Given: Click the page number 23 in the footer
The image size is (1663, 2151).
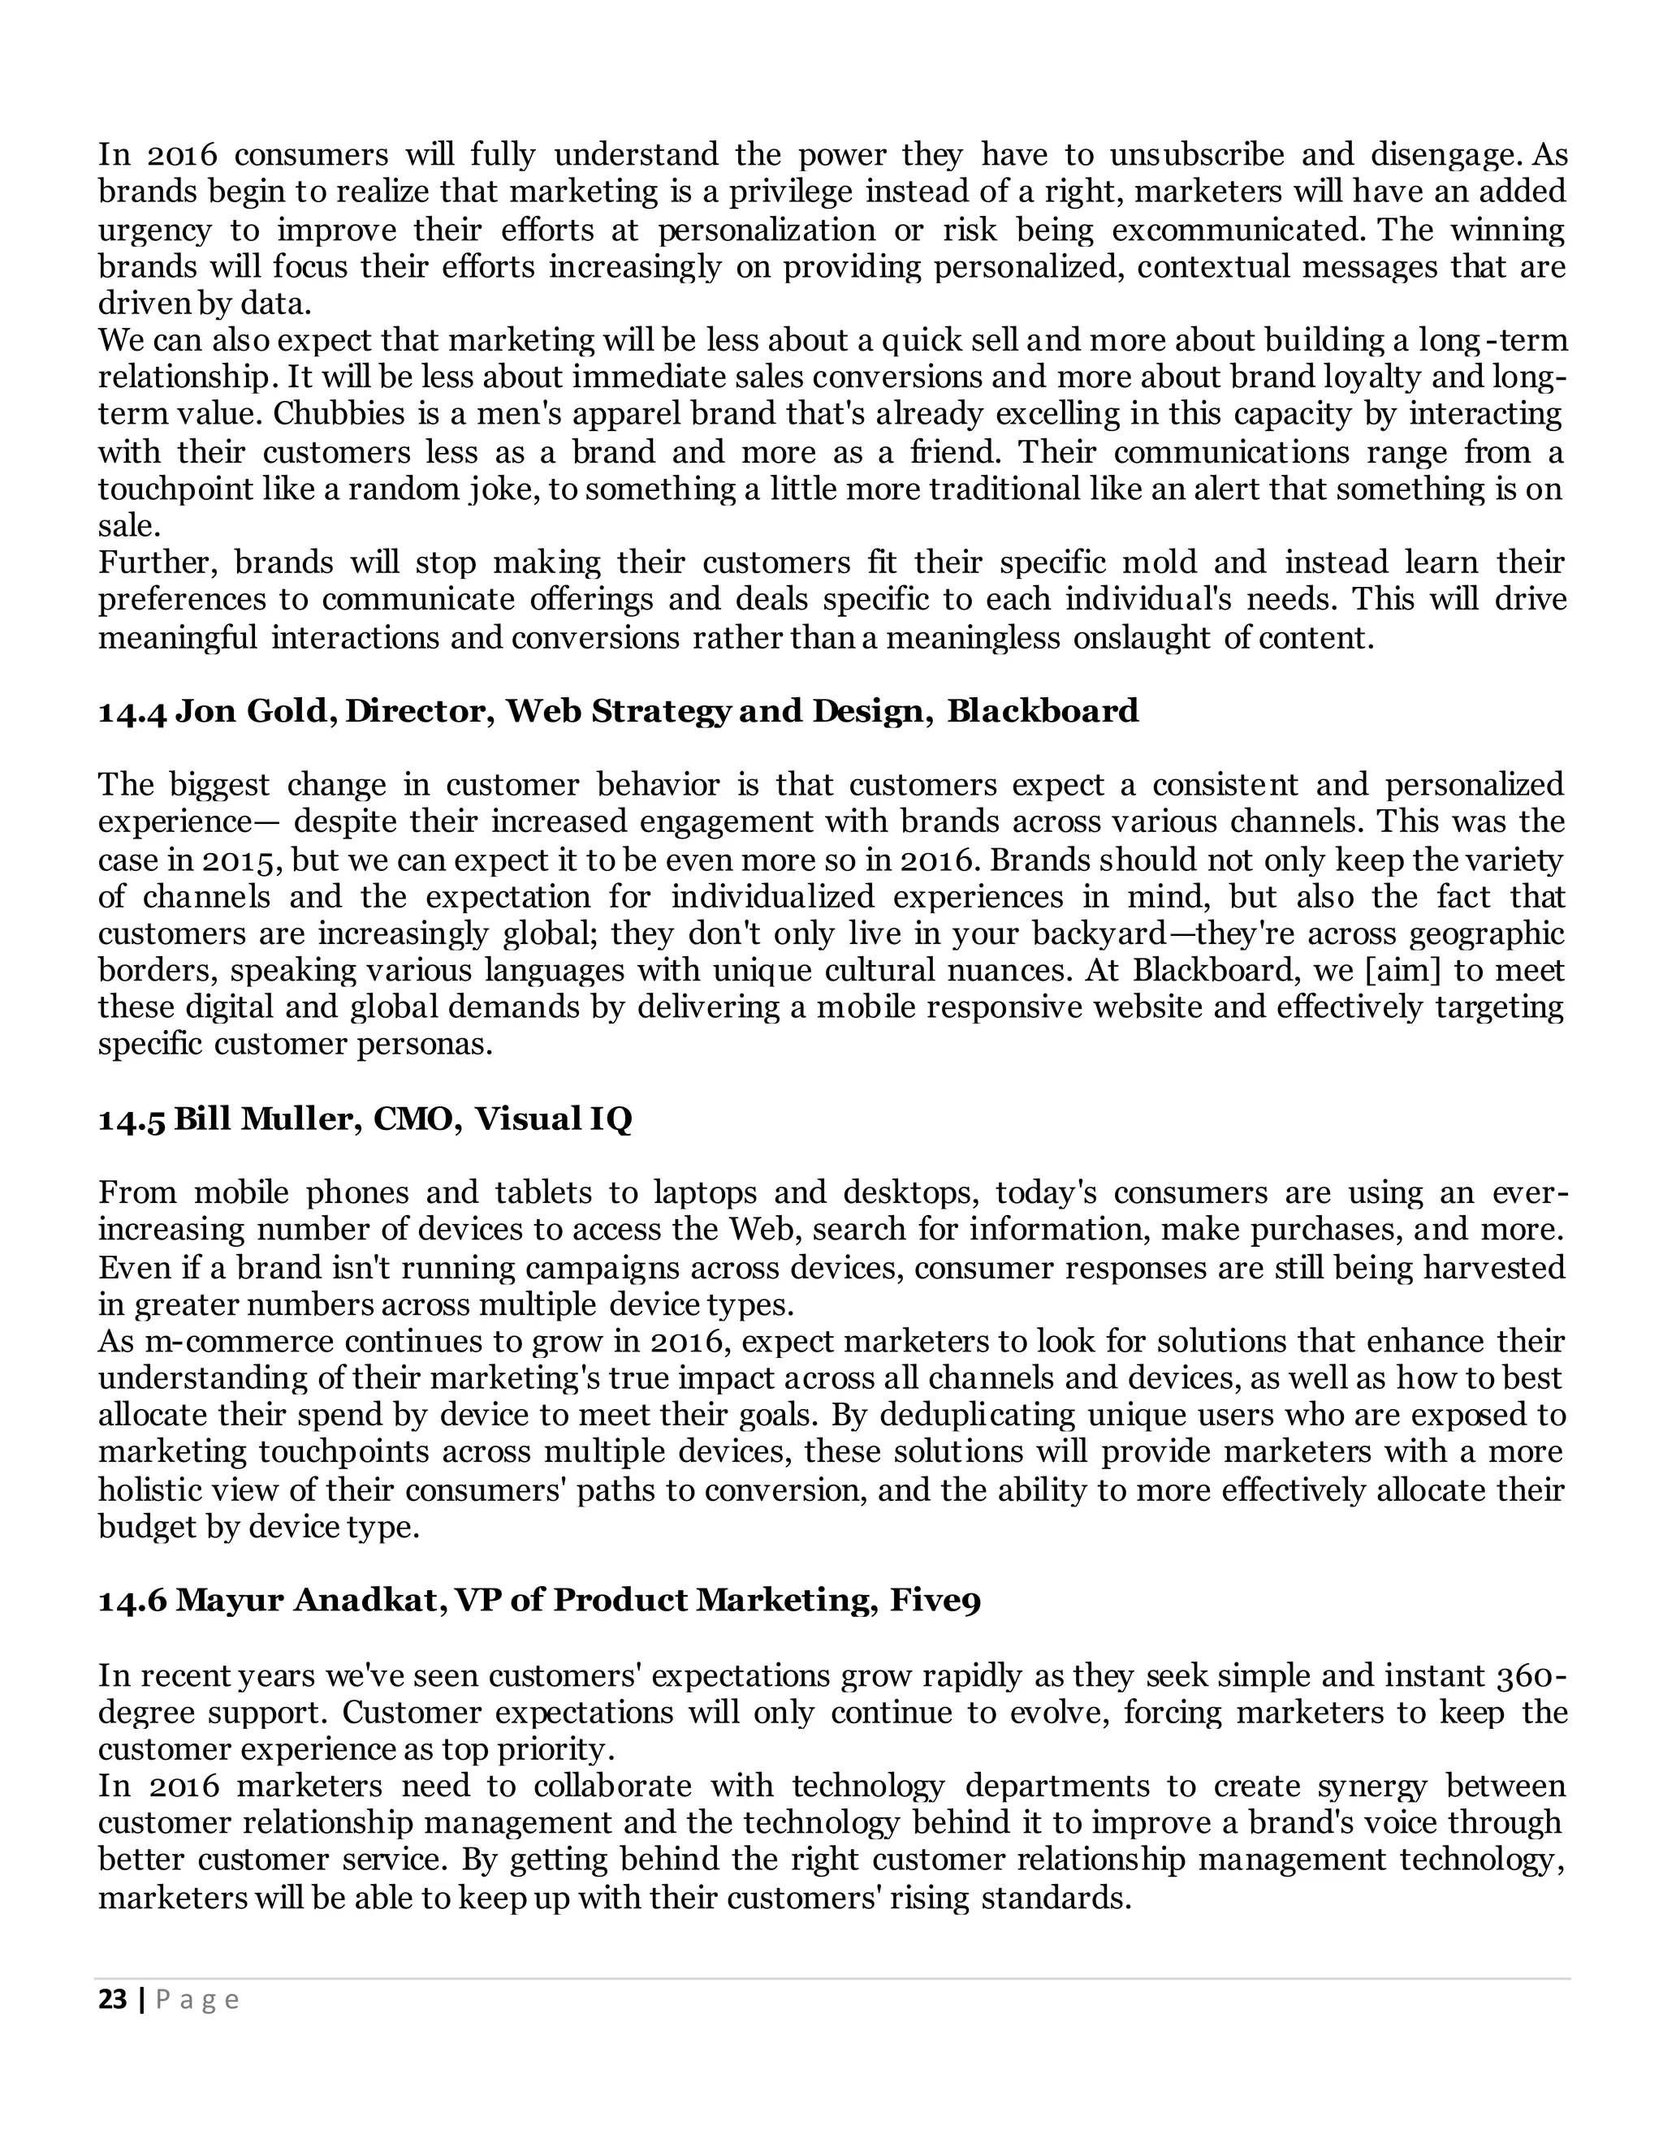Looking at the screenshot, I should pos(114,1999).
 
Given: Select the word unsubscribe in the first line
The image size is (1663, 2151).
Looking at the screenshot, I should pos(1197,156).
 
